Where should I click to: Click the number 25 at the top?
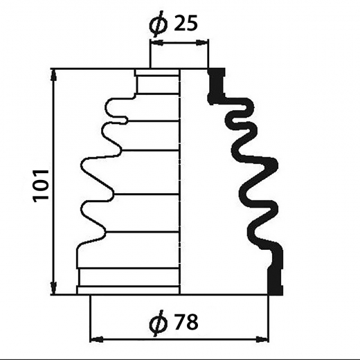(186, 23)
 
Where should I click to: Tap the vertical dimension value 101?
(41, 186)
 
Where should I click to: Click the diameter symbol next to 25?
(159, 24)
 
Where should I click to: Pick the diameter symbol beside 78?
(159, 323)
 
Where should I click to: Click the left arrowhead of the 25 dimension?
(157, 43)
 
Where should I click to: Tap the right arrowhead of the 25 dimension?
(201, 43)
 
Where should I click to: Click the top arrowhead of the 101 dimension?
(54, 75)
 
